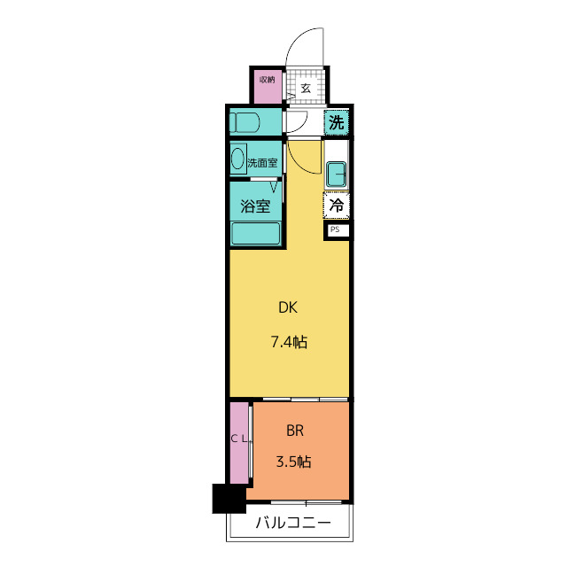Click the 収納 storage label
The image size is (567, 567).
268,80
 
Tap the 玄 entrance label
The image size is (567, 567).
306,88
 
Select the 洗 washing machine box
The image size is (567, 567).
337,122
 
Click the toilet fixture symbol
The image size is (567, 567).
245,122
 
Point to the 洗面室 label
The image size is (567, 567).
262,163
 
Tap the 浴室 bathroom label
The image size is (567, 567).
255,206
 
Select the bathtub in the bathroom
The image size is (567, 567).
256,234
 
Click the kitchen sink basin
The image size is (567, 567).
336,175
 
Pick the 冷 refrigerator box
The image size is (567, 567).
337,206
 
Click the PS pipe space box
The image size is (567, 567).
337,230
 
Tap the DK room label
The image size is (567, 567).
288,307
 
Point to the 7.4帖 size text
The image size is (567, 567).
290,342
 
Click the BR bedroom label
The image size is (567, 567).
295,431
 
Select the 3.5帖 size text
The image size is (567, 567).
293,462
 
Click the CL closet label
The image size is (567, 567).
239,439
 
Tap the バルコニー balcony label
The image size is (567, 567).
293,523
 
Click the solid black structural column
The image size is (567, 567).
229,498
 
